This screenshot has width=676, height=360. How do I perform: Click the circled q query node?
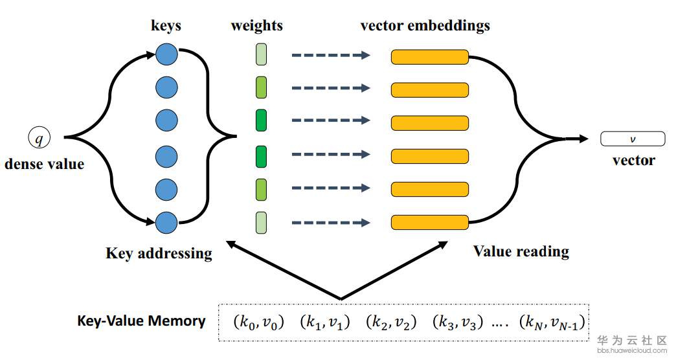[38, 137]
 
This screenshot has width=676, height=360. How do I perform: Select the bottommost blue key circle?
[166, 223]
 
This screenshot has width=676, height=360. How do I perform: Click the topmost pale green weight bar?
[261, 54]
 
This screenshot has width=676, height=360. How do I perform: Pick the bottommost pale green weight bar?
[261, 222]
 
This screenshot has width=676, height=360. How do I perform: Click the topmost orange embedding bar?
[429, 57]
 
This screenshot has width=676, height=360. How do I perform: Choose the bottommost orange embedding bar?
[429, 223]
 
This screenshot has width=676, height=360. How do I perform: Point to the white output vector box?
[633, 139]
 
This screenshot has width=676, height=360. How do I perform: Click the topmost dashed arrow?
[330, 56]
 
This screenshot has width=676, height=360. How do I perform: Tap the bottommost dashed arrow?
[330, 223]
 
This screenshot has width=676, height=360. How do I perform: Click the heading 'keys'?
[166, 27]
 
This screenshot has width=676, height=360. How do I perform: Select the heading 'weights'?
[256, 27]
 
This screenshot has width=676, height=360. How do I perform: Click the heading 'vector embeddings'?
[425, 27]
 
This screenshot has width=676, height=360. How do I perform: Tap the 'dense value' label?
[44, 164]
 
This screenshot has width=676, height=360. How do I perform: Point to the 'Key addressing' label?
[159, 253]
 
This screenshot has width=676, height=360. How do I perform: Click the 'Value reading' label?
[521, 251]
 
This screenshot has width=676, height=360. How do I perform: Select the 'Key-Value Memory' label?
[141, 321]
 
